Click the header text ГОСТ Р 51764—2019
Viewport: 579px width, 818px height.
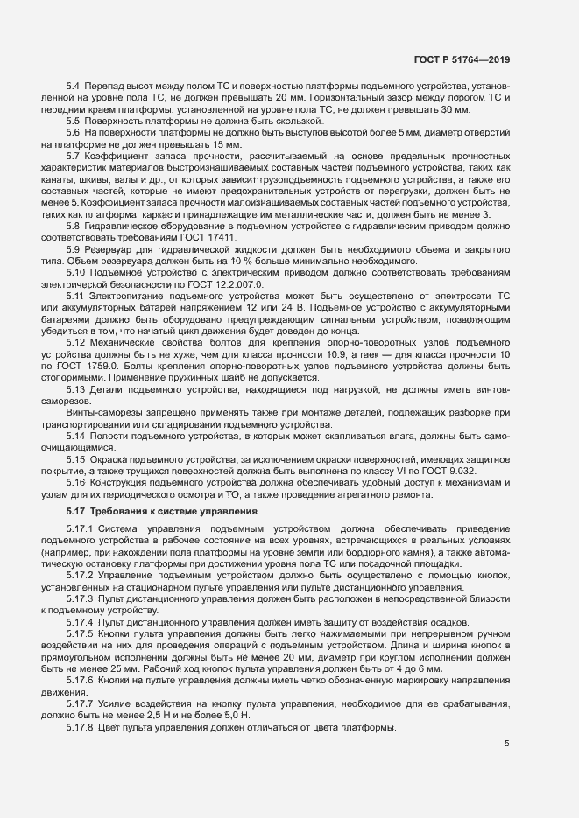pyautogui.click(x=462, y=60)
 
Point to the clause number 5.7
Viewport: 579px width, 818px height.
pyautogui.click(x=74, y=155)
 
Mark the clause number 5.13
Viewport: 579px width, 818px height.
pyautogui.click(x=76, y=388)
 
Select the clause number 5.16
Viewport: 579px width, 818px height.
pyautogui.click(x=76, y=482)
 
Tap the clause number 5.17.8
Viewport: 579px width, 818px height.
pyautogui.click(x=80, y=704)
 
